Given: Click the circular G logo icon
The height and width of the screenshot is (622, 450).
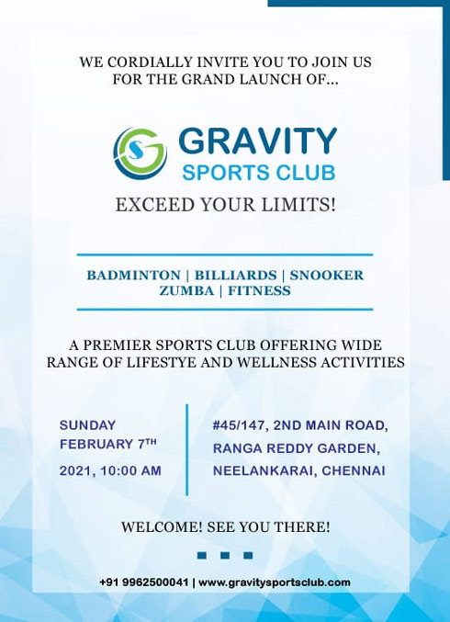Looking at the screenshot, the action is pos(140,153).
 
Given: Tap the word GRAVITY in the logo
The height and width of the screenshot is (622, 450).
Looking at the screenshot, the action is pos(258,141).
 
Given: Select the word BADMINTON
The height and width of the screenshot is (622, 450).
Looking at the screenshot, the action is pos(133,276).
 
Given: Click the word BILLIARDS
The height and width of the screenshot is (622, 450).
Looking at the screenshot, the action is pos(235,276).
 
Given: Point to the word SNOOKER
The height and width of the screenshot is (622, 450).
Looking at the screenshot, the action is pos(327,276).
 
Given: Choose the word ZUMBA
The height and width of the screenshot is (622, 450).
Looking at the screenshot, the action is pos(186,290).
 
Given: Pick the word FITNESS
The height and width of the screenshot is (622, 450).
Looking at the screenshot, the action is pos(259,290).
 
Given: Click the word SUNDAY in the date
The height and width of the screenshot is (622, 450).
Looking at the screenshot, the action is pos(87,425).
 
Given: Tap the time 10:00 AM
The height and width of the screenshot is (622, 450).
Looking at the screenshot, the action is pos(130,470).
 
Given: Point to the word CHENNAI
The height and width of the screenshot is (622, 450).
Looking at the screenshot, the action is pos(354,470).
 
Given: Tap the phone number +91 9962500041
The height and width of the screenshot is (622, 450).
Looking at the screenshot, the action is pos(144,582).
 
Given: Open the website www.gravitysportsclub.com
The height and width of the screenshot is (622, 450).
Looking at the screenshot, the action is pos(275,582).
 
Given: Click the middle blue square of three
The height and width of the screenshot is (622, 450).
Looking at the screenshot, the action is pos(225,555).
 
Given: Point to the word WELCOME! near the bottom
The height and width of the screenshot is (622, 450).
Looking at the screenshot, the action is pos(163,527).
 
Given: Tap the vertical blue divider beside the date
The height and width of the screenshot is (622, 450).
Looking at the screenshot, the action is pos(187,450).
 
